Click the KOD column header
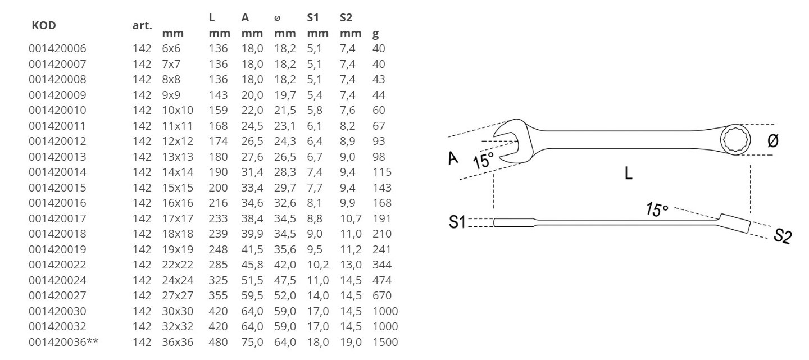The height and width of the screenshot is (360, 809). [44, 25]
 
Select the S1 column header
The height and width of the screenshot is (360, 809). [313, 17]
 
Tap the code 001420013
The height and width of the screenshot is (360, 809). [57, 157]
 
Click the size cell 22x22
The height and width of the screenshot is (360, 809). [178, 265]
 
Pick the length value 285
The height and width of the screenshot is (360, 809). [218, 265]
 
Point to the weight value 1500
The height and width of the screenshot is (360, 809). [385, 342]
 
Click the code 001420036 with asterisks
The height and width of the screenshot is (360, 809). [63, 342]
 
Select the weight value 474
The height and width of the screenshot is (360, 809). [382, 280]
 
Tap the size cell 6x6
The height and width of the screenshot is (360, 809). [171, 48]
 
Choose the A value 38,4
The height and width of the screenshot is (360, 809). [252, 218]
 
